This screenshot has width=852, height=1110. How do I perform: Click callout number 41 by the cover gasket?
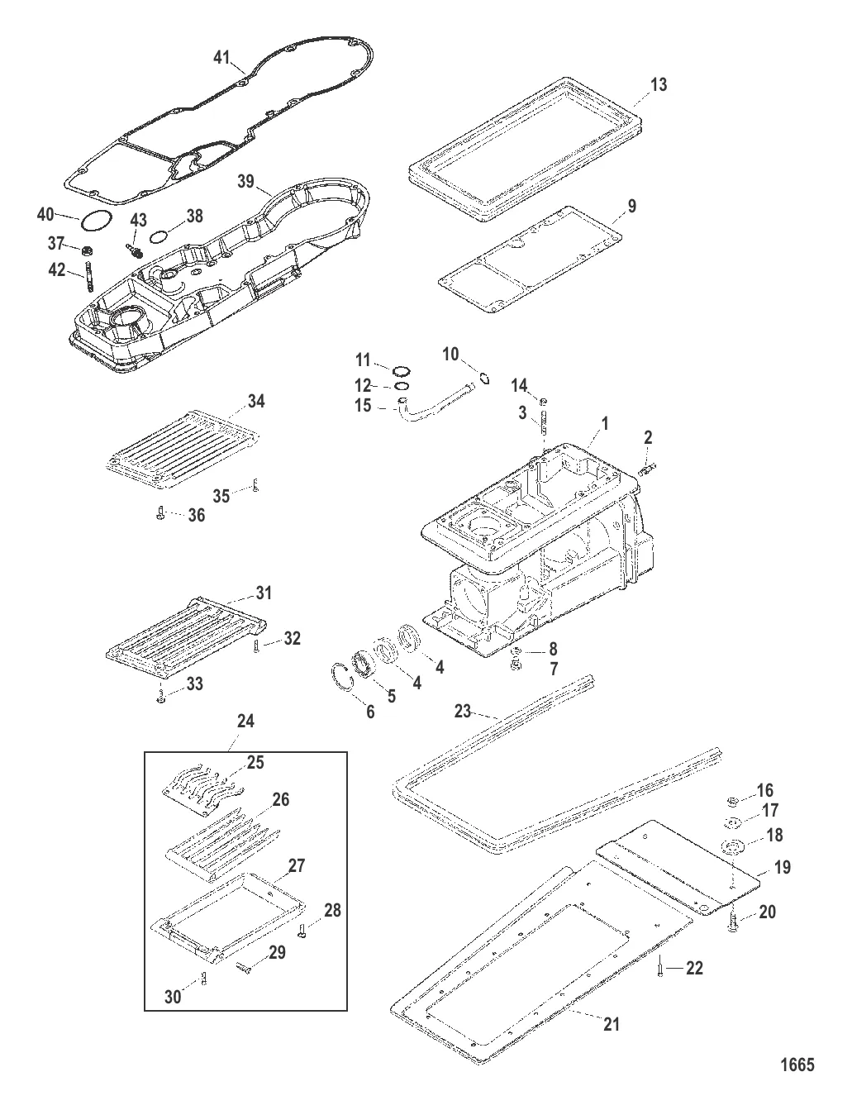pos(221,57)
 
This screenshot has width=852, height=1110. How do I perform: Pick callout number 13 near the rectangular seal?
pos(658,84)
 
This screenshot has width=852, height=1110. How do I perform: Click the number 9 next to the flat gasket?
pos(631,207)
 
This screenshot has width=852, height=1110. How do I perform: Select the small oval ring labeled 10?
pos(485,379)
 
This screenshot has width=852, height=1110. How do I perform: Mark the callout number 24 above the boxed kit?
pos(245,721)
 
